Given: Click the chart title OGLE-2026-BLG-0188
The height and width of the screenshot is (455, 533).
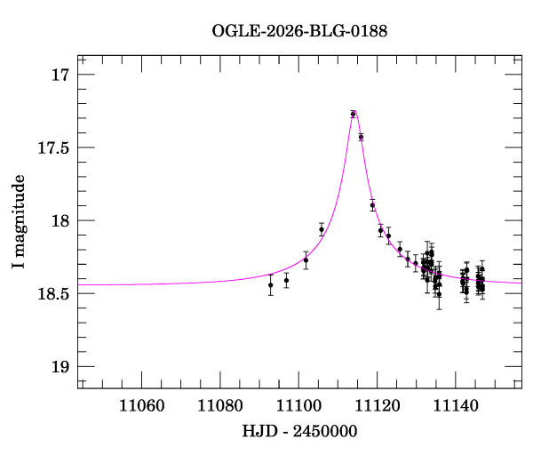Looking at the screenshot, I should point(299,31).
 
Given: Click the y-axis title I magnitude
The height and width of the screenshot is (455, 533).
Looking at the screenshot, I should point(19,222).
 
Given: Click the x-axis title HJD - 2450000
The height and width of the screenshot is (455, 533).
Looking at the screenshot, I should point(300,431).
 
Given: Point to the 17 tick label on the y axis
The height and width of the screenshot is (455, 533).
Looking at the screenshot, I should point(60,75).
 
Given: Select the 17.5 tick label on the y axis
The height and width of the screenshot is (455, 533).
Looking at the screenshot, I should point(52,148).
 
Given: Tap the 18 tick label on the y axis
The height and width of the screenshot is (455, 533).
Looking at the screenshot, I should point(60,220).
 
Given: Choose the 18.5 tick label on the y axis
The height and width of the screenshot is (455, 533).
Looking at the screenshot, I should point(52,293).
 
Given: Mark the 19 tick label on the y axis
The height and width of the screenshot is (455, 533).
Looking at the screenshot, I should point(60,366).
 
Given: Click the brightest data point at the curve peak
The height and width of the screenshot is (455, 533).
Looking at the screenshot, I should point(353,114).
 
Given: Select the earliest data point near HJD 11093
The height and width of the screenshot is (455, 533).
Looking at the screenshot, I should point(271,284).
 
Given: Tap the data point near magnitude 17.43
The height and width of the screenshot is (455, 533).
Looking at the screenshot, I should point(361,137).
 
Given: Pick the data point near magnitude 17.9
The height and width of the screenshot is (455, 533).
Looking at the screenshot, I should point(372,205).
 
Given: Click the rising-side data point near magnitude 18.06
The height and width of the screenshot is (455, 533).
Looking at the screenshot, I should point(322,229).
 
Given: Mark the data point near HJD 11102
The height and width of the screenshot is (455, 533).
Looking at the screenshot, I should point(306,260).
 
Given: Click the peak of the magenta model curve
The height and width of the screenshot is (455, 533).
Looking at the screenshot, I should point(353,111).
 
